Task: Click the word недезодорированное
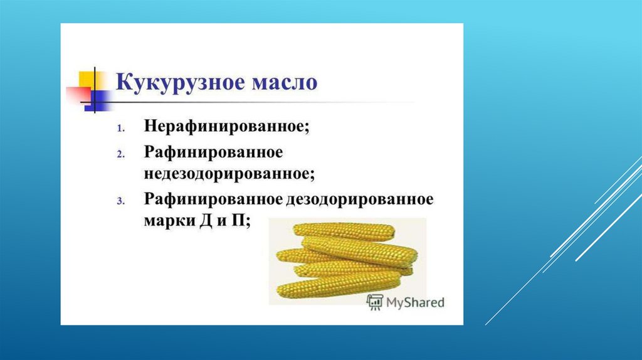coord(229,174)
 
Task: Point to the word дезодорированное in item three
coord(360,199)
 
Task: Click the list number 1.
coord(121,129)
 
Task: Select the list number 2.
coord(121,154)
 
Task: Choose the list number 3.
coord(121,201)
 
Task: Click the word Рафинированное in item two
coord(213,152)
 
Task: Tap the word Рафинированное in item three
coord(213,199)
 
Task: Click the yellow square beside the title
coord(87,80)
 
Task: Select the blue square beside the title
coord(97,101)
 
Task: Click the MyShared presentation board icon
coord(375,302)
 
